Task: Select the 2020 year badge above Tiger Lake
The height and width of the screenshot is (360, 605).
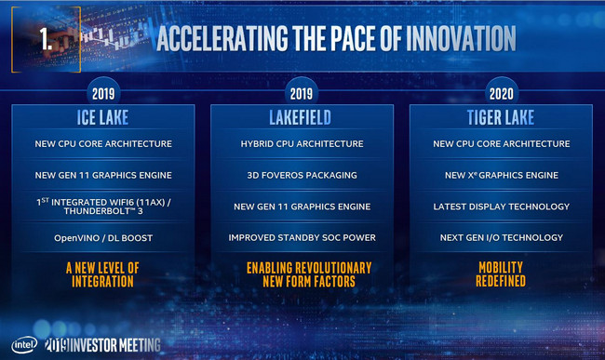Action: pyautogui.click(x=501, y=94)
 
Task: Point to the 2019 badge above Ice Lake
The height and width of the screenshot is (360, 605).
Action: pyautogui.click(x=103, y=94)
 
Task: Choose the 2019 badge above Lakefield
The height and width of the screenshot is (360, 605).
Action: pyautogui.click(x=302, y=94)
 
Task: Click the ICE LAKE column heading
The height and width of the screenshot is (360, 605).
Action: pyautogui.click(x=103, y=119)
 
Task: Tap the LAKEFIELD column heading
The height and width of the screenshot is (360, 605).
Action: pyautogui.click(x=302, y=119)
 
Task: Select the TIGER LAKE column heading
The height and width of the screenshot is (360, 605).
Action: pyautogui.click(x=501, y=119)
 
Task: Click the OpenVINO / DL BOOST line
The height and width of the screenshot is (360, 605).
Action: pyautogui.click(x=103, y=237)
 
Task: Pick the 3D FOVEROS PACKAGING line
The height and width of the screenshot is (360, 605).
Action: pyautogui.click(x=302, y=175)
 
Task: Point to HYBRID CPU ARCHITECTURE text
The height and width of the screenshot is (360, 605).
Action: pyautogui.click(x=302, y=144)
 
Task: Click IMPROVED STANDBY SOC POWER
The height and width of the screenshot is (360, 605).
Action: pyautogui.click(x=302, y=237)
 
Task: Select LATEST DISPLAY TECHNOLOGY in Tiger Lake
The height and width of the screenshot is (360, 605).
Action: pyautogui.click(x=501, y=206)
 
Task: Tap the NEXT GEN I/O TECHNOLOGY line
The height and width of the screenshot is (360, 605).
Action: pyautogui.click(x=501, y=237)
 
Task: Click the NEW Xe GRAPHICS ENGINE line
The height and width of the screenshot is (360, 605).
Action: pyautogui.click(x=501, y=175)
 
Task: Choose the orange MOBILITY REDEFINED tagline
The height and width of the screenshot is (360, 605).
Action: pyautogui.click(x=501, y=273)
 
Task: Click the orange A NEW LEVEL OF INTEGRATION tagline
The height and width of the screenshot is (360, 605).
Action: pyautogui.click(x=103, y=273)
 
